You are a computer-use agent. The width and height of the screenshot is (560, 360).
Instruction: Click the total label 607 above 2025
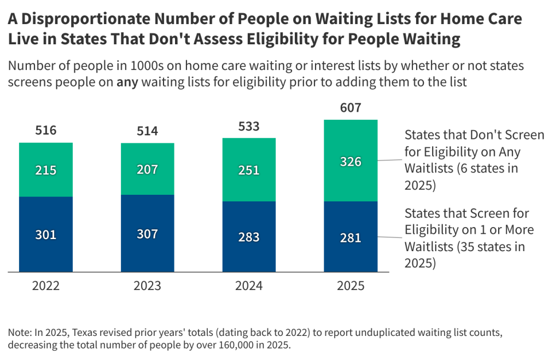coord(351,108)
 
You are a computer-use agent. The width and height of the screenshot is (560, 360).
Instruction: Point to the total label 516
coord(46,131)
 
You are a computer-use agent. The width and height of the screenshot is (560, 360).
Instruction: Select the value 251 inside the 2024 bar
coord(249,170)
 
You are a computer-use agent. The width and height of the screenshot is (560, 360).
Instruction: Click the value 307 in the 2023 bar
coord(147,234)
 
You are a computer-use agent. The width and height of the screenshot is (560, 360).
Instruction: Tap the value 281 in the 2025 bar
coord(351,237)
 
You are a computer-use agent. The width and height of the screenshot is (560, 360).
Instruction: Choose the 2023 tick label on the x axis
coord(147,286)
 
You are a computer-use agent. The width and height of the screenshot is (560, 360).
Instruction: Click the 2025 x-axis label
coord(351,286)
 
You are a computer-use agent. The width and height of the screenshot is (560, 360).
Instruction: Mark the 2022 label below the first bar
coord(46,286)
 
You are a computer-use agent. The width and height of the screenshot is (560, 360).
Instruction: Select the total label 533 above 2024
coord(249,127)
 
